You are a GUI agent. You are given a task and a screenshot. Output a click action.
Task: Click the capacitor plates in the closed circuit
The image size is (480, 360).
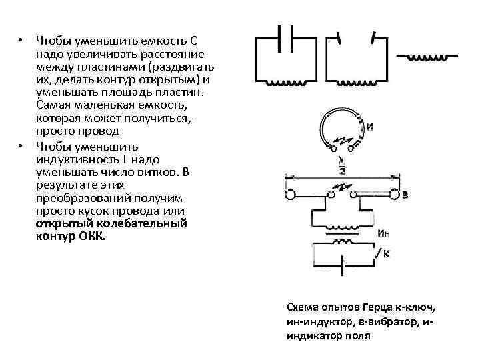[286, 37]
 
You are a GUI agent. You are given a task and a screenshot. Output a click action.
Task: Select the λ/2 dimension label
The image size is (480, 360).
[341, 166]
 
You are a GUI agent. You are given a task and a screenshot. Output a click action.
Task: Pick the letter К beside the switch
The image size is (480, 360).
[386, 253]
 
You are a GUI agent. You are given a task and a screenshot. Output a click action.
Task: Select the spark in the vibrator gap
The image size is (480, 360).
[342, 191]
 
